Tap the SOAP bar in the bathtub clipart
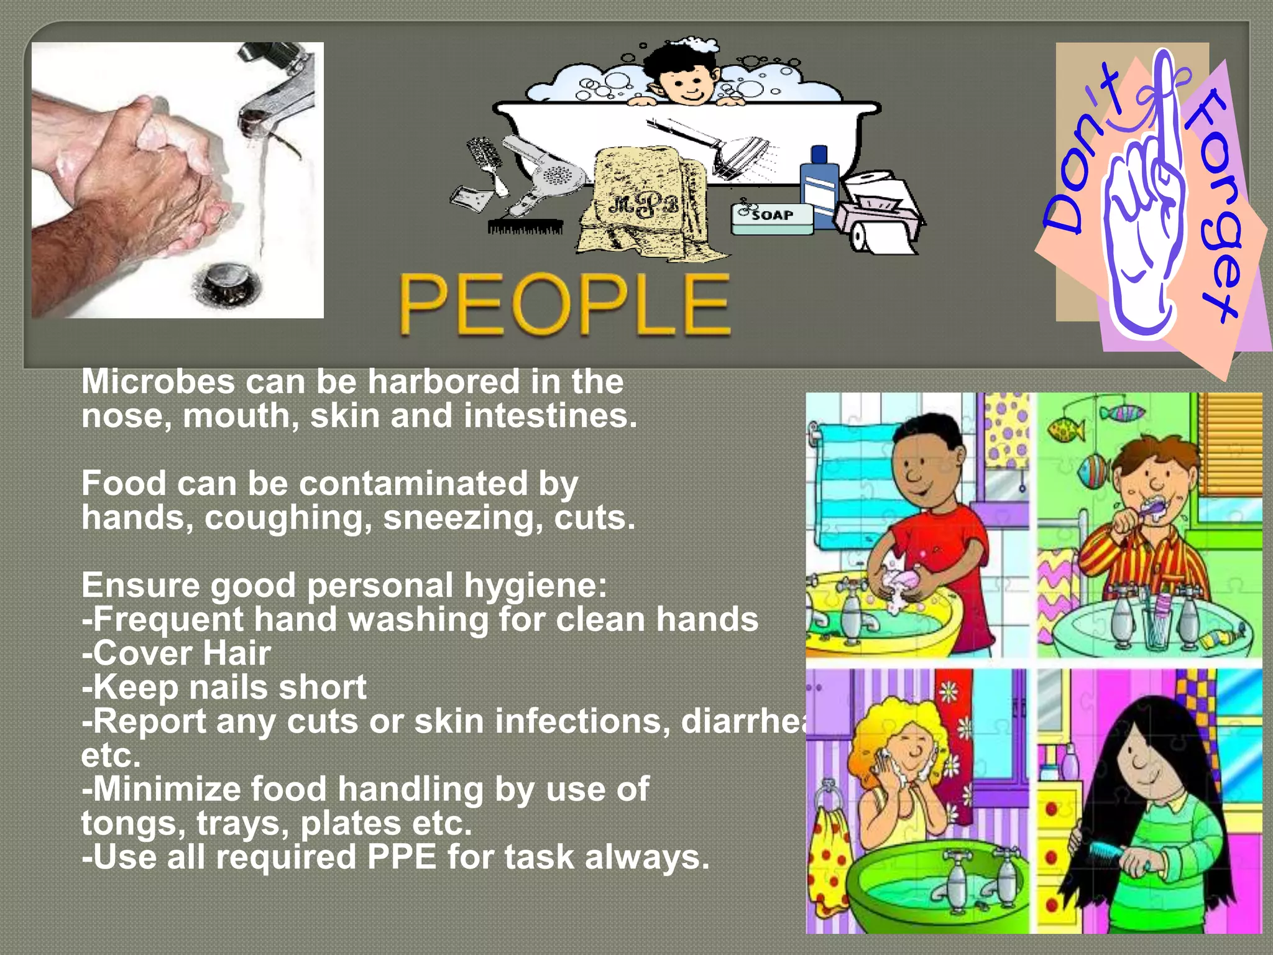click(x=772, y=217)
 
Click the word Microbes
click(x=158, y=381)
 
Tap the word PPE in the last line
click(x=402, y=857)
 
